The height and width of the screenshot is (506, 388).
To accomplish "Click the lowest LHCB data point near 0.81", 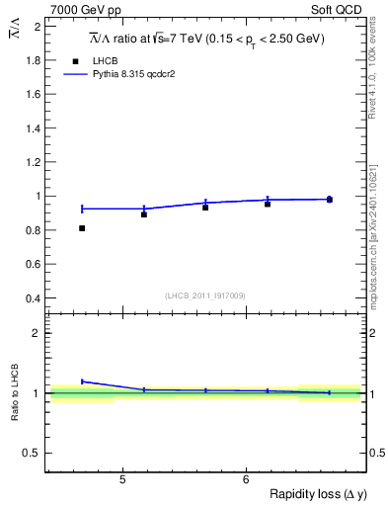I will [x=82, y=228].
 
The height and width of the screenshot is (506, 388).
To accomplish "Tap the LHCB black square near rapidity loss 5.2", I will [x=144, y=214].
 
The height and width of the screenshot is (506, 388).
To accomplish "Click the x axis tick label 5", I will [x=121, y=480].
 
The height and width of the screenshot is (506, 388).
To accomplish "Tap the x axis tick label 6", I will [x=245, y=480].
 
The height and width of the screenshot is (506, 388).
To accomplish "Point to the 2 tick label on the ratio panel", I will [x=38, y=333].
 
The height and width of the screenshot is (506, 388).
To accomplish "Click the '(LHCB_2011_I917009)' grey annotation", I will [x=204, y=295].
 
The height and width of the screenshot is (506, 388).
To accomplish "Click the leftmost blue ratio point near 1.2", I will [x=82, y=380].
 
